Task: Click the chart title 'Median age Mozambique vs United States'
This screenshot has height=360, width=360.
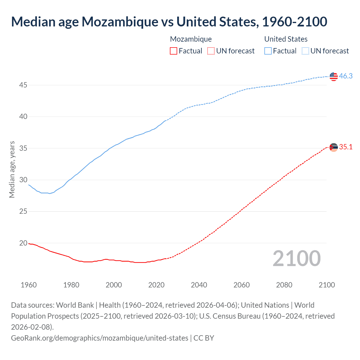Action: tap(169, 22)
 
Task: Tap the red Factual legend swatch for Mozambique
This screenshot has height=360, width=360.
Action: tap(174, 51)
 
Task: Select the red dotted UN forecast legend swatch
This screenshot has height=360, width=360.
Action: tap(211, 51)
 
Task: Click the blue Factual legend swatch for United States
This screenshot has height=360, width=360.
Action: tap(268, 51)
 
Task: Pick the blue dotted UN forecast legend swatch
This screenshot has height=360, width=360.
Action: tap(305, 51)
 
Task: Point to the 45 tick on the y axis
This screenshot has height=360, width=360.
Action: tap(23, 85)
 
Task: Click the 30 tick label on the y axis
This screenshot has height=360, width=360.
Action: tap(23, 180)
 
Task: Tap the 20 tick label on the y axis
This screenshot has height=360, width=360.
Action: tap(23, 243)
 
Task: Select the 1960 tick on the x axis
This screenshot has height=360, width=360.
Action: tap(29, 285)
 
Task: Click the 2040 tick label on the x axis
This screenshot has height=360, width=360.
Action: tap(199, 285)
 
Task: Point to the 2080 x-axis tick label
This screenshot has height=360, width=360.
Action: tap(284, 285)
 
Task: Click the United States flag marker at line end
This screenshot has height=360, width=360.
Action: tap(334, 76)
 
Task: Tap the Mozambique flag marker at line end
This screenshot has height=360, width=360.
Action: tap(334, 147)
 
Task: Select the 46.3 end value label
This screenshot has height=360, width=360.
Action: tap(346, 76)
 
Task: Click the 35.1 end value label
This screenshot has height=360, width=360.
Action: tap(346, 147)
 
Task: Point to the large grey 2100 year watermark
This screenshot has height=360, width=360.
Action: tap(296, 258)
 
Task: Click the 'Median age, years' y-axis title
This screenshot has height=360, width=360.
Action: tap(12, 170)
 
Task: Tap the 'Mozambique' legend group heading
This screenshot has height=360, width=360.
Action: tap(191, 39)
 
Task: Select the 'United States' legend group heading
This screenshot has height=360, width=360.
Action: tap(286, 39)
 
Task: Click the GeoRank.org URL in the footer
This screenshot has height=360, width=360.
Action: tap(100, 338)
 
